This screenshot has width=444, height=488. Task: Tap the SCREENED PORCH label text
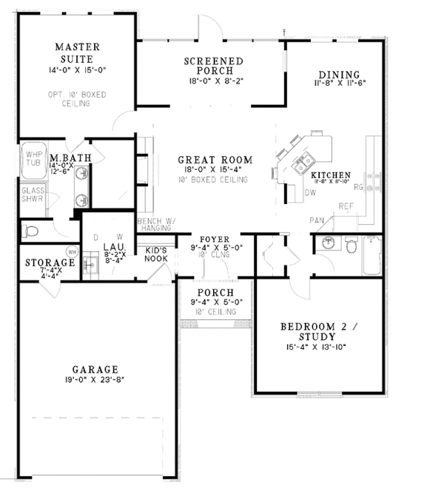tap(214, 66)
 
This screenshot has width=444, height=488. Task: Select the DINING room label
tap(338, 75)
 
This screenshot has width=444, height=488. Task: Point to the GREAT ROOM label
tap(215, 160)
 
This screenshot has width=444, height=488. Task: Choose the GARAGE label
tap(96, 369)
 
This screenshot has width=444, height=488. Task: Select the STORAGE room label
tap(50, 262)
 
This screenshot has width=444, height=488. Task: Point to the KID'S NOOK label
tap(156, 254)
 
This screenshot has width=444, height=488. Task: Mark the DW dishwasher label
tap(310, 192)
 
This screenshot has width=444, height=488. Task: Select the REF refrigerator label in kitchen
tap(346, 206)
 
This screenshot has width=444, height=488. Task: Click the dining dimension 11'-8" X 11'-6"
tap(338, 85)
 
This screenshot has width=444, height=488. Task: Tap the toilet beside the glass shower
tap(30, 231)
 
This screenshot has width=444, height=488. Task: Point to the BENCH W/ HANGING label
tap(155, 225)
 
